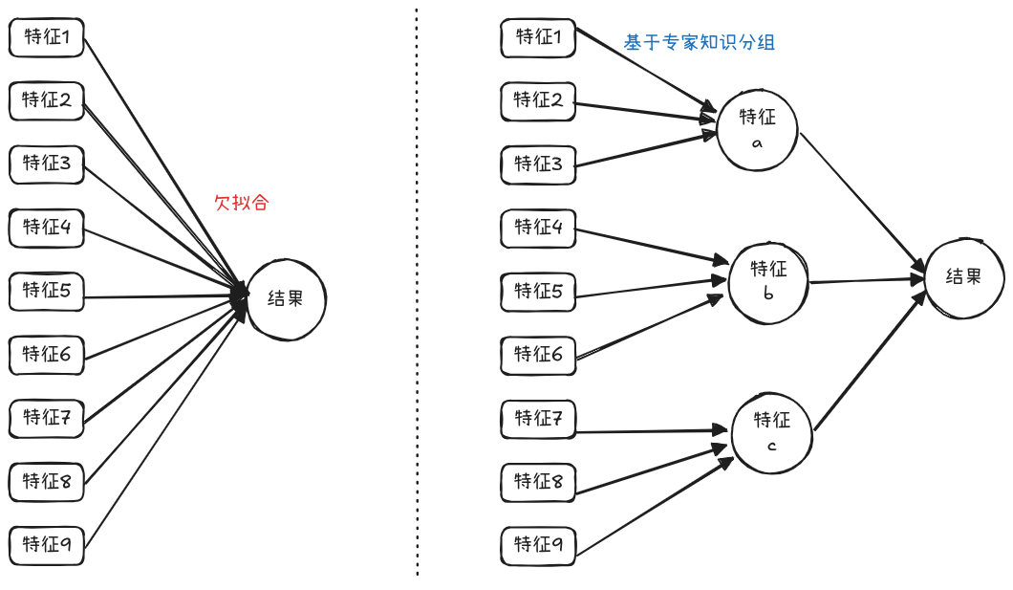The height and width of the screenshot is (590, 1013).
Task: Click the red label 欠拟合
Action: pyautogui.click(x=241, y=203)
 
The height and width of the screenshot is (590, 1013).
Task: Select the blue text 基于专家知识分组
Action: pyautogui.click(x=699, y=43)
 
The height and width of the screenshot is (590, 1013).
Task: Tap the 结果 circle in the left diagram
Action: pyautogui.click(x=286, y=299)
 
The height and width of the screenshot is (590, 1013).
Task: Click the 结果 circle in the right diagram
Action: pyautogui.click(x=964, y=278)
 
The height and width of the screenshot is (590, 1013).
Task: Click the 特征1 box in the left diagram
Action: pyautogui.click(x=47, y=37)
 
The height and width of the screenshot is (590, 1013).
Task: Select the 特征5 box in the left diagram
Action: pyautogui.click(x=47, y=292)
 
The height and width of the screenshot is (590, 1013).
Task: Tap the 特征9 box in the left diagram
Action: pyautogui.click(x=47, y=546)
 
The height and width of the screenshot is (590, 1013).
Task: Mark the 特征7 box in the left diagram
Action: pyautogui.click(x=47, y=419)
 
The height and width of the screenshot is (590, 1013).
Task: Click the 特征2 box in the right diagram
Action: pyautogui.click(x=538, y=100)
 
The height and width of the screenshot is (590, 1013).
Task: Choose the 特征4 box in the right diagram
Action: pyautogui.click(x=538, y=229)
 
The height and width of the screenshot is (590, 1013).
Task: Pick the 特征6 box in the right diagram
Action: pyautogui.click(x=538, y=356)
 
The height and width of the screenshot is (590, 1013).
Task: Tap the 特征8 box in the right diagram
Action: pyautogui.click(x=538, y=482)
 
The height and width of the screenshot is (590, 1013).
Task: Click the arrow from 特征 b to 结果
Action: pyautogui.click(x=868, y=280)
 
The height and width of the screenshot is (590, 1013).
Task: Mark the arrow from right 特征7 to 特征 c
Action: pyautogui.click(x=653, y=431)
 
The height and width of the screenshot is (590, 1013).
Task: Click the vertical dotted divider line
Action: pyautogui.click(x=417, y=292)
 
